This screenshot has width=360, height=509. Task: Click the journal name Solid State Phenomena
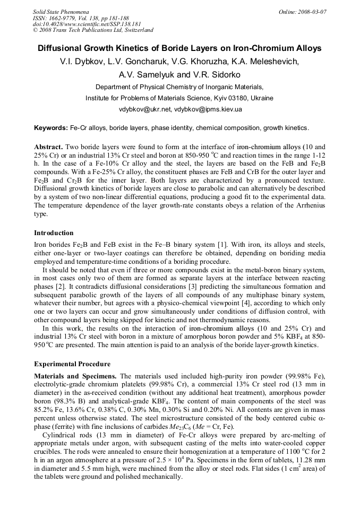[x=61, y=11]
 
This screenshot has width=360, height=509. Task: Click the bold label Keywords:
[x=51, y=128]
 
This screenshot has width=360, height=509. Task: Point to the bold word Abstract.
[x=49, y=146]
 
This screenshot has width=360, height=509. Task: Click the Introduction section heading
[x=54, y=232]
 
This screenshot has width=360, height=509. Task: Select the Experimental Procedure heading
[x=72, y=364]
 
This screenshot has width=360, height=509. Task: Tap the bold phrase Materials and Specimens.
[x=76, y=376]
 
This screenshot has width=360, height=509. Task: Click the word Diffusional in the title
[x=63, y=48]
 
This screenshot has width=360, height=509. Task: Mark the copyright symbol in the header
[x=35, y=30]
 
